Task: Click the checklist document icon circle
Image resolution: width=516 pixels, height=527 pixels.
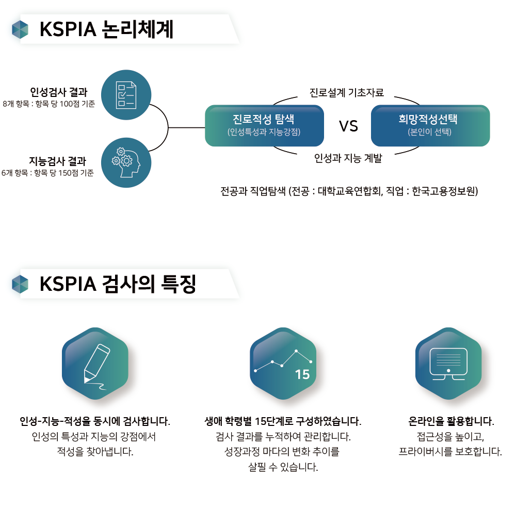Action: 126,94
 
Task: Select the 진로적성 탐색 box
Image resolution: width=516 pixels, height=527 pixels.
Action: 264,125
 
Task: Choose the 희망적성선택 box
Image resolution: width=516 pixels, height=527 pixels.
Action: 430,125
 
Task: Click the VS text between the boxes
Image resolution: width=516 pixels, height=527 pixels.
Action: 348,126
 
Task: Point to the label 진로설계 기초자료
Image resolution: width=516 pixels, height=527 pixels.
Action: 347,93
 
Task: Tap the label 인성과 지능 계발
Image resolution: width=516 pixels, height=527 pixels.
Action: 348,158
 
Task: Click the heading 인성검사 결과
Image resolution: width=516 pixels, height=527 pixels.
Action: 58,92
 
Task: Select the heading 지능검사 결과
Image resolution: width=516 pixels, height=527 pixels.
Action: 57,161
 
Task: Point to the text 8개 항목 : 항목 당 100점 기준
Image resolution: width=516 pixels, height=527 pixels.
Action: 49,104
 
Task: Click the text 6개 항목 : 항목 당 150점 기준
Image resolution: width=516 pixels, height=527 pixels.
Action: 48,173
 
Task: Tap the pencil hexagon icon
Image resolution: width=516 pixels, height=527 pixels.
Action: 95,363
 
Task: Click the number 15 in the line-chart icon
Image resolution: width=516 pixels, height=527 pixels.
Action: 302,375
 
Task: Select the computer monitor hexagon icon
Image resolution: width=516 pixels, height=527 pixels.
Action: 448,363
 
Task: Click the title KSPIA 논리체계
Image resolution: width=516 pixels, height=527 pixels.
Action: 106,29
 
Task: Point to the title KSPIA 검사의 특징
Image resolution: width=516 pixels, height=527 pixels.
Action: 118,284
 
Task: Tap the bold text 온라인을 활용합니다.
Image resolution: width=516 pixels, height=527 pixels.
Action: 451,421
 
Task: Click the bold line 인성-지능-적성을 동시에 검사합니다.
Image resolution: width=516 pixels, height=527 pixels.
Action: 95,421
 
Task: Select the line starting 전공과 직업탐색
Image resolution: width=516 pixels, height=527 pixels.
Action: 349,191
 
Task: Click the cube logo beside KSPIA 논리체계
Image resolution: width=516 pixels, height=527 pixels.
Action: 20,29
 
